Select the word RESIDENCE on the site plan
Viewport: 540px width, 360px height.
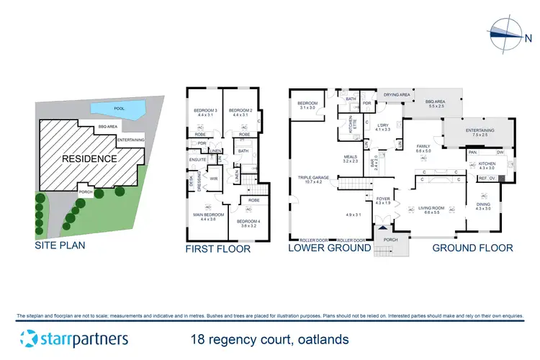89,158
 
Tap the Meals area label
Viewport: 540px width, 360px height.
350,159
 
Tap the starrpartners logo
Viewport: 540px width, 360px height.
74,338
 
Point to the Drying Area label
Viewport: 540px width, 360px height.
397,95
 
